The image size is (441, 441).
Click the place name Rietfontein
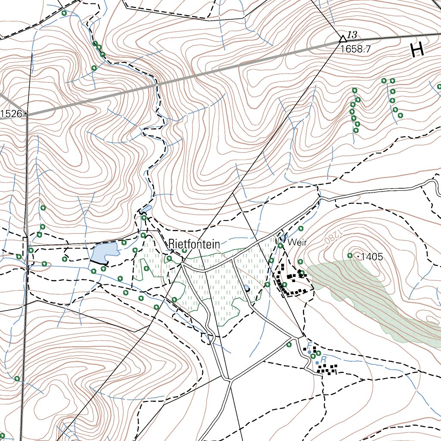pyautogui.click(x=194, y=244)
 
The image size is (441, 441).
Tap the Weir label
pyautogui.click(x=297, y=242)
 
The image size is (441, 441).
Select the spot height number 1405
pyautogui.click(x=372, y=257)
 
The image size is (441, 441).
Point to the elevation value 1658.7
pyautogui.click(x=355, y=49)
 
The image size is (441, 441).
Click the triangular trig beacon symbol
pyautogui.click(x=343, y=38)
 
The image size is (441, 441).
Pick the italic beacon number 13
pyautogui.click(x=352, y=35)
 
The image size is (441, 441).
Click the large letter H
pyautogui.click(x=417, y=51)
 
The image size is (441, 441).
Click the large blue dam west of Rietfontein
pyautogui.click(x=105, y=252)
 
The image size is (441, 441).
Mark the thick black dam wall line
pyautogui.click(x=99, y=262)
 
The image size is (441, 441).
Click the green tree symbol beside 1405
pyautogui.click(x=350, y=256)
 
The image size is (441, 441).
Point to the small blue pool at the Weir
pyautogui.click(x=283, y=238)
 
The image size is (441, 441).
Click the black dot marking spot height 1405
pyautogui.click(x=357, y=257)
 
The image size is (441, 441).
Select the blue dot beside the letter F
pyautogui.click(x=309, y=352)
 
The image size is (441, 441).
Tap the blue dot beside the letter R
pyautogui.click(x=317, y=363)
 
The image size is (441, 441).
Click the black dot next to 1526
pyautogui.click(x=27, y=114)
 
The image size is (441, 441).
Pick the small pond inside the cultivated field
pyautogui.click(x=246, y=288)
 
